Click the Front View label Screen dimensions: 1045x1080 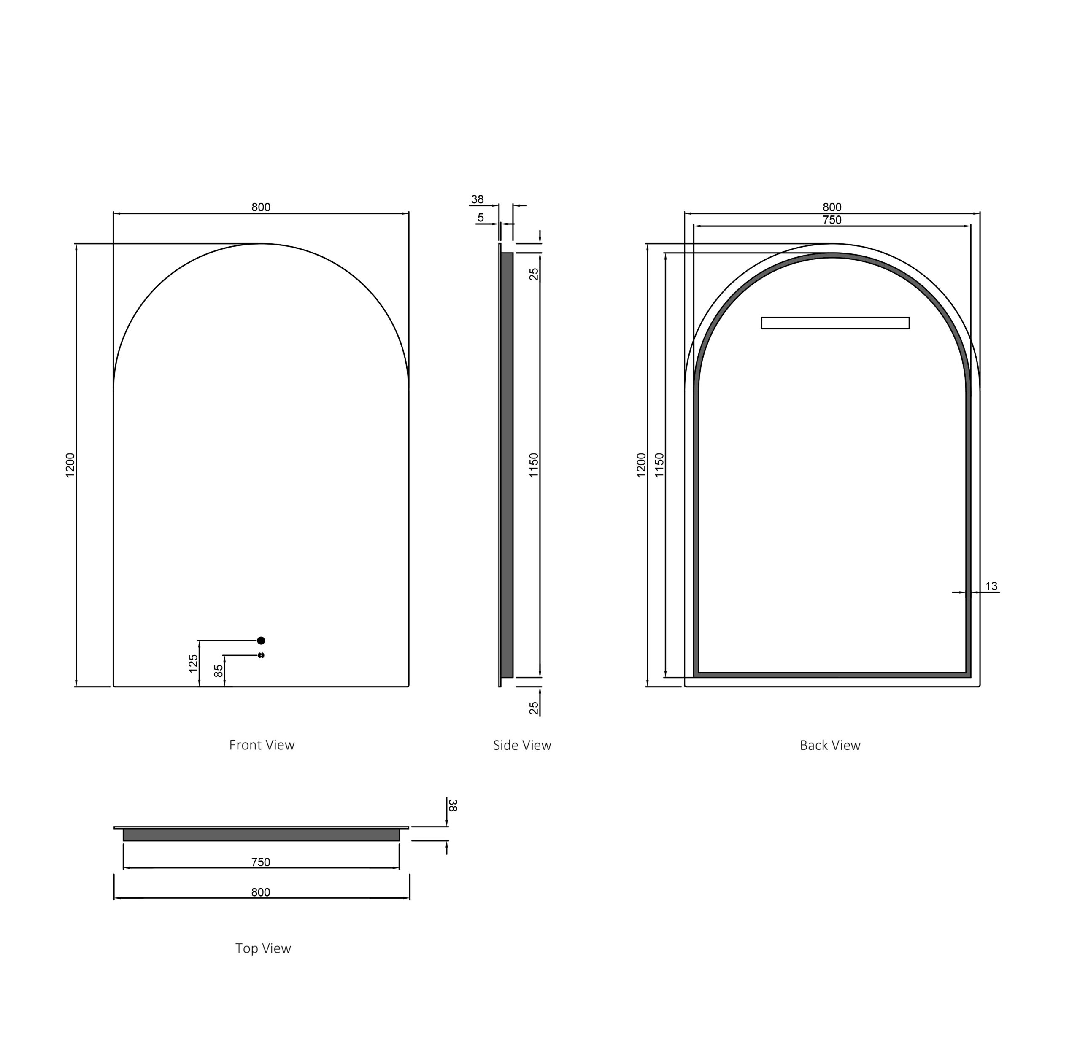point(262,745)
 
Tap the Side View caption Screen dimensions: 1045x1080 point(522,745)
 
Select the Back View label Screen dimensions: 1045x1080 point(830,745)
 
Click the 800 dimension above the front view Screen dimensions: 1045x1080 point(261,207)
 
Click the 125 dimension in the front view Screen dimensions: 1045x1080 point(193,663)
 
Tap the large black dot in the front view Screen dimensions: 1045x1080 point(261,640)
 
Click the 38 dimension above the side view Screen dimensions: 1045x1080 point(477,199)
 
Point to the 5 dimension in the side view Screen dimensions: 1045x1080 point(481,218)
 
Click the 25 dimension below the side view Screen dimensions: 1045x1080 point(533,708)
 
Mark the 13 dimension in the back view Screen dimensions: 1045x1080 point(991,586)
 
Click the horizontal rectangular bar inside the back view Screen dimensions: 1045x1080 point(835,323)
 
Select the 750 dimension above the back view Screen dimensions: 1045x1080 point(832,220)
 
